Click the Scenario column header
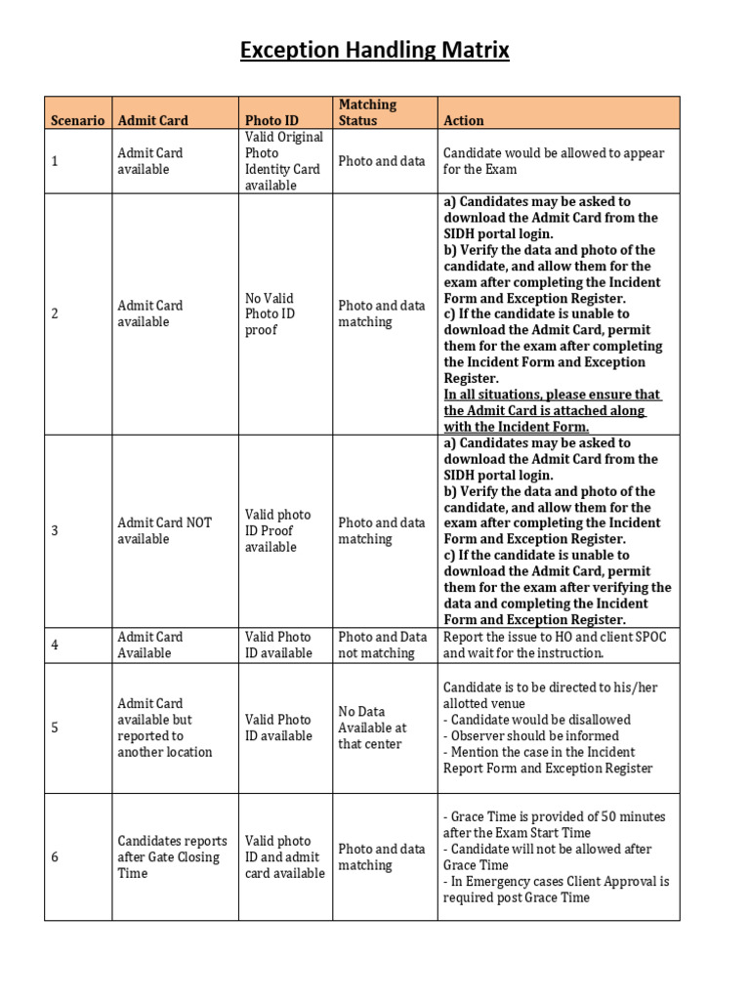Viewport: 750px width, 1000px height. (77, 120)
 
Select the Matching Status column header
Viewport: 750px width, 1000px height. (367, 112)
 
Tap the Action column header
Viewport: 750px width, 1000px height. (463, 120)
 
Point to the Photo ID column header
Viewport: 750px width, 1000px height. (271, 120)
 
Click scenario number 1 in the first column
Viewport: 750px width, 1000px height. (55, 161)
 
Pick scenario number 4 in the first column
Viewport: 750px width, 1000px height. (55, 645)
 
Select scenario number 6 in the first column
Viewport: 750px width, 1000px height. (55, 856)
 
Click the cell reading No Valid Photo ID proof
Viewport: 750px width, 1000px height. (270, 313)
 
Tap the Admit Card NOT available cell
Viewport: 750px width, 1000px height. (164, 530)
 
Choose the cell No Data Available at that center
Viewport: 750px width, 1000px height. (372, 728)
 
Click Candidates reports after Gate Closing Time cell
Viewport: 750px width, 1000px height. (172, 856)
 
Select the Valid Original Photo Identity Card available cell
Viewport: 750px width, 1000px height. (283, 161)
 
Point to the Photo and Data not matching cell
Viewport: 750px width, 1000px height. (383, 645)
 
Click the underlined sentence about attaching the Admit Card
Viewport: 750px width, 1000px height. (552, 410)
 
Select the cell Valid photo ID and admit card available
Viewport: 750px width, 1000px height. (284, 856)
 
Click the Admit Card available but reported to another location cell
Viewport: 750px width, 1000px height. (164, 728)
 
